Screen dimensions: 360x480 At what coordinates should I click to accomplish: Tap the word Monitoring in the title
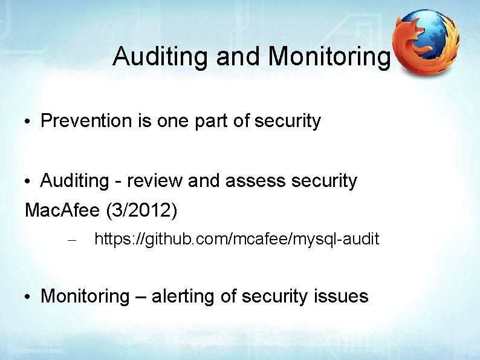tap(329, 57)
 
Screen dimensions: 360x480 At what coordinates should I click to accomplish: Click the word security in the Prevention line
tap(288, 121)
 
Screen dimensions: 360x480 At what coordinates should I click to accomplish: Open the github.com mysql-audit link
tap(237, 240)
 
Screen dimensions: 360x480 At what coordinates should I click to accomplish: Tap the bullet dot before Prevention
tap(29, 122)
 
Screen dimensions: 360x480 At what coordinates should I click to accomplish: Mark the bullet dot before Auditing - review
tap(29, 182)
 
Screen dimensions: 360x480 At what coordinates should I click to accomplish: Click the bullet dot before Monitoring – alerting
tap(29, 297)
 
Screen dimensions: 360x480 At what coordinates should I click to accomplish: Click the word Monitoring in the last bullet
tap(85, 296)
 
